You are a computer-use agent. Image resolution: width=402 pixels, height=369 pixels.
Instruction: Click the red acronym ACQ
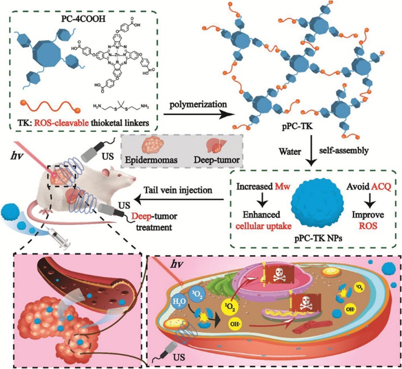pyautogui.click(x=375, y=185)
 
